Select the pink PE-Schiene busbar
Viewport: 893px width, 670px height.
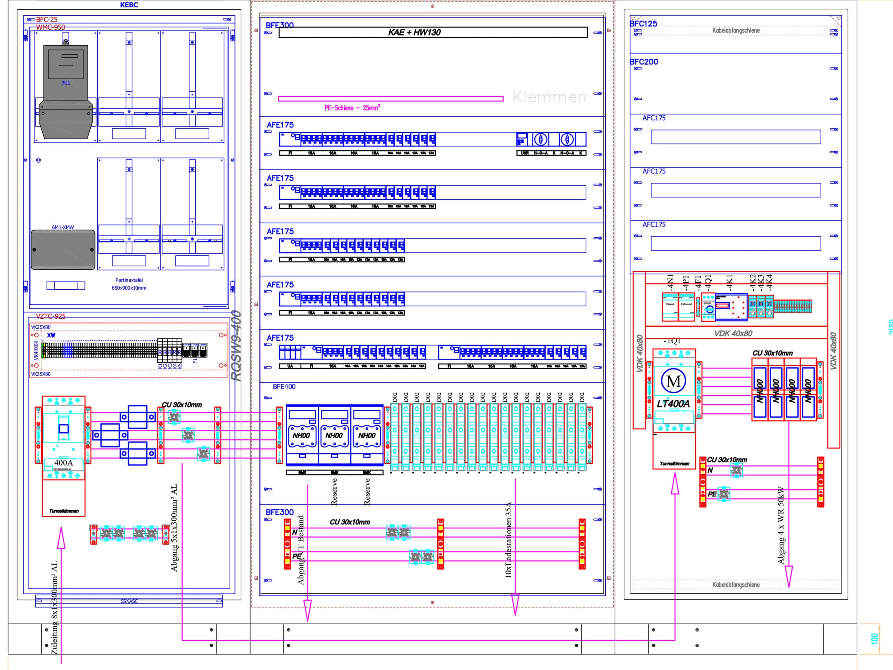click(390, 98)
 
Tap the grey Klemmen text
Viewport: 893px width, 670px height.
click(549, 97)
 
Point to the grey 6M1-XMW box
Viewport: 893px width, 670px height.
click(63, 249)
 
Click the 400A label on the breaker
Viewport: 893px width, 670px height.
click(63, 463)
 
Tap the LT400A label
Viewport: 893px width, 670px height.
click(673, 404)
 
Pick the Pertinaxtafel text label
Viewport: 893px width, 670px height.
click(129, 280)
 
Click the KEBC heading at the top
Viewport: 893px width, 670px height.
click(129, 5)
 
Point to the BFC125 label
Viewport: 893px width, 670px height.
click(644, 24)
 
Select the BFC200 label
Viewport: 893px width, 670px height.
click(644, 62)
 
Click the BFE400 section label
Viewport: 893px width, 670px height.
click(284, 387)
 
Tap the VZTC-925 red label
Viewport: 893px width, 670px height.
click(51, 316)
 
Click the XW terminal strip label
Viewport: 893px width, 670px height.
click(51, 335)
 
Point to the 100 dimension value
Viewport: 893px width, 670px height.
click(875, 639)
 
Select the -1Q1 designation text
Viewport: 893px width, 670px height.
click(672, 341)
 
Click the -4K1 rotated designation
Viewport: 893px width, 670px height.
click(729, 282)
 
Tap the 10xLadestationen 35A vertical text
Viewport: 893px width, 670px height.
click(508, 539)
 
